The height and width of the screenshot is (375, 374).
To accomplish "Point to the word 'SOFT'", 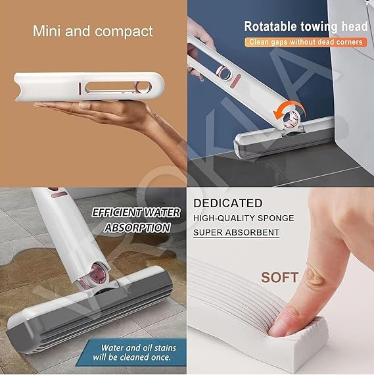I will [279, 277].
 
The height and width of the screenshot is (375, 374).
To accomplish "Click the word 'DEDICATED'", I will [228, 203].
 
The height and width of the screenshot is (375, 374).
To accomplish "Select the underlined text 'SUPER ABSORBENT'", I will [237, 232].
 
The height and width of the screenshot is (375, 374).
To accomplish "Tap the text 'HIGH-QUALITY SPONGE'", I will [243, 218].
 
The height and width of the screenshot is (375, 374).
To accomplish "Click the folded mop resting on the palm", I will [89, 88].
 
